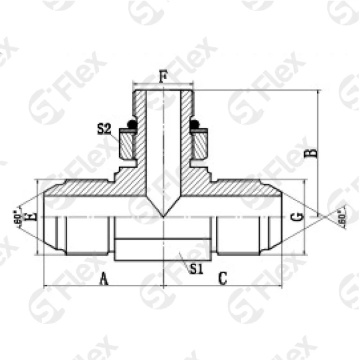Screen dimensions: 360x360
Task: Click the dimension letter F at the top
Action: click(163, 77)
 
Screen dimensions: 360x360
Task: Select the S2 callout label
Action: click(104, 129)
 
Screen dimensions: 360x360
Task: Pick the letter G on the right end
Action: click(297, 217)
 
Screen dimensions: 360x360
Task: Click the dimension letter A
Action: click(104, 279)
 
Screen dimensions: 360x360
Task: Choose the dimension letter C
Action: click(222, 279)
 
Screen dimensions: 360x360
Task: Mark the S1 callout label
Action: click(196, 269)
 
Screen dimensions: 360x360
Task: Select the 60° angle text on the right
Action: click(341, 217)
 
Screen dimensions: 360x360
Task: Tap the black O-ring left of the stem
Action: click(131, 124)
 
